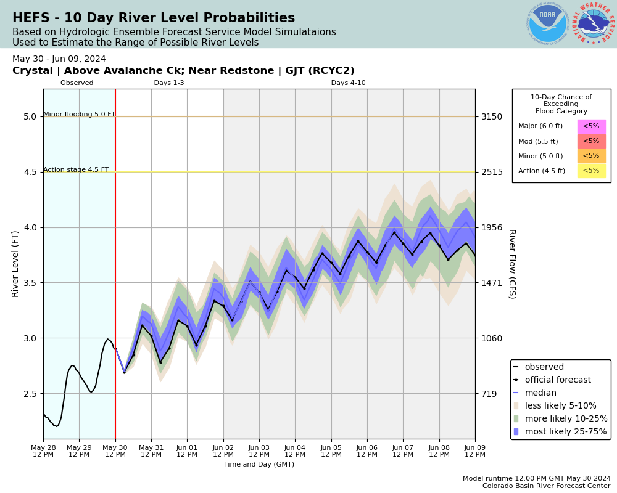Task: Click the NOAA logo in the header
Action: pyautogui.click(x=547, y=24)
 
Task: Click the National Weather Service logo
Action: pyautogui.click(x=594, y=24)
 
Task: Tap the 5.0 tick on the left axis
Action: pyautogui.click(x=30, y=116)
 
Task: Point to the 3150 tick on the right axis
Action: pyautogui.click(x=492, y=116)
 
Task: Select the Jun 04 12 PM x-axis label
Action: pyautogui.click(x=295, y=450)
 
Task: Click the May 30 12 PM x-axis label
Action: pyautogui.click(x=115, y=450)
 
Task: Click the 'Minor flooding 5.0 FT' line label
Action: pyautogui.click(x=79, y=115)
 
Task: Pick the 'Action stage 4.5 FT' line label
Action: pyautogui.click(x=76, y=170)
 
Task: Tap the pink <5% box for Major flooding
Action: pyautogui.click(x=591, y=126)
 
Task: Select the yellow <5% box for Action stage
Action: pyautogui.click(x=591, y=171)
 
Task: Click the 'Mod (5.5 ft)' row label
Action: pyautogui.click(x=538, y=141)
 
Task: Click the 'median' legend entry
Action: pyautogui.click(x=540, y=393)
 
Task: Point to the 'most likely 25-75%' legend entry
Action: pyautogui.click(x=566, y=431)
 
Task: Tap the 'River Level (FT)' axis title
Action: pyautogui.click(x=16, y=264)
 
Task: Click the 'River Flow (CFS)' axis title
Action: pyautogui.click(x=511, y=264)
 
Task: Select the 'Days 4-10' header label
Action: pyautogui.click(x=348, y=83)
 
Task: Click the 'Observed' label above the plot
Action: pyautogui.click(x=77, y=83)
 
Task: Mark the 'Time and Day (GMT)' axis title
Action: pyautogui.click(x=259, y=465)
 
